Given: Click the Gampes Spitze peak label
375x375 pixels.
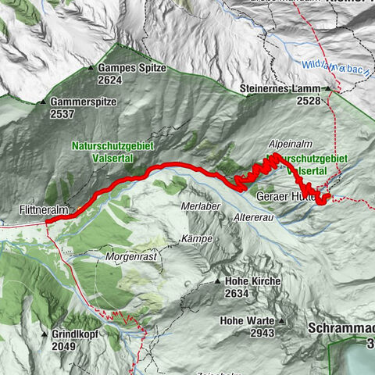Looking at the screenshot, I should pos(137,69).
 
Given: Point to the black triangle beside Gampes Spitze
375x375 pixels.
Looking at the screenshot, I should pos(101,69).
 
